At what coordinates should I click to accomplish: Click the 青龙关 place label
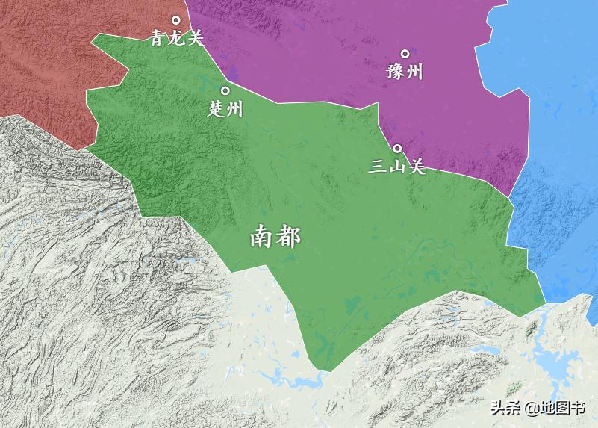click(177, 38)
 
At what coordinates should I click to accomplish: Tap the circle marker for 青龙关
click(177, 20)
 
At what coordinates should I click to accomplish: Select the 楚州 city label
click(225, 109)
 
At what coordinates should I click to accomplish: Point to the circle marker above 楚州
click(225, 91)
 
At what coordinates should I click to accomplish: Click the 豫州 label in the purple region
click(405, 72)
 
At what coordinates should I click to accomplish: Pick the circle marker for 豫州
click(405, 54)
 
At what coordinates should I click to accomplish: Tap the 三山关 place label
click(397, 167)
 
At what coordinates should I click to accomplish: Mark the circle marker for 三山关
click(398, 149)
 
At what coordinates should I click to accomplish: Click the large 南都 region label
click(275, 238)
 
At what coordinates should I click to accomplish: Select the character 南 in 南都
click(262, 238)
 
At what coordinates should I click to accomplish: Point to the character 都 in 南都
click(289, 238)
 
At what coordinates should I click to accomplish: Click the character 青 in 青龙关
click(158, 38)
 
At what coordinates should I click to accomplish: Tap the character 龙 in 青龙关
click(177, 38)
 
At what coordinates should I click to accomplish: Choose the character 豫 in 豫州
click(396, 72)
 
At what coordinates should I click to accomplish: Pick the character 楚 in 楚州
click(217, 109)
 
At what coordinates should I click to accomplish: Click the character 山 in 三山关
click(397, 167)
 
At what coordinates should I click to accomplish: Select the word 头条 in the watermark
click(505, 408)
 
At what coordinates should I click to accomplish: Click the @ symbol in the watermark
click(531, 408)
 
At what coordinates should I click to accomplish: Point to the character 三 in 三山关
click(379, 167)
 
